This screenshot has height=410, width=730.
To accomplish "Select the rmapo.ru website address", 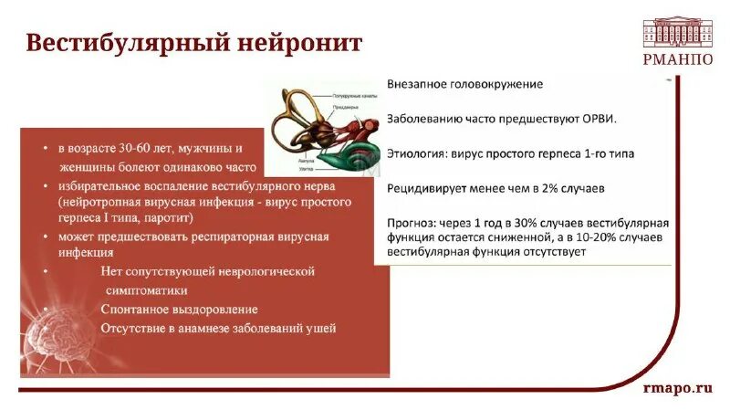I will [677, 387].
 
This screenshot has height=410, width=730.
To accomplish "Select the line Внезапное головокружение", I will [464, 84].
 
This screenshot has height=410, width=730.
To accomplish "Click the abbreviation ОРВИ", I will [598, 119].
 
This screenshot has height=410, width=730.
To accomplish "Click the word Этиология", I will [416, 153].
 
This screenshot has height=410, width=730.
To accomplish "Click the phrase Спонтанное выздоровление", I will [179, 310].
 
